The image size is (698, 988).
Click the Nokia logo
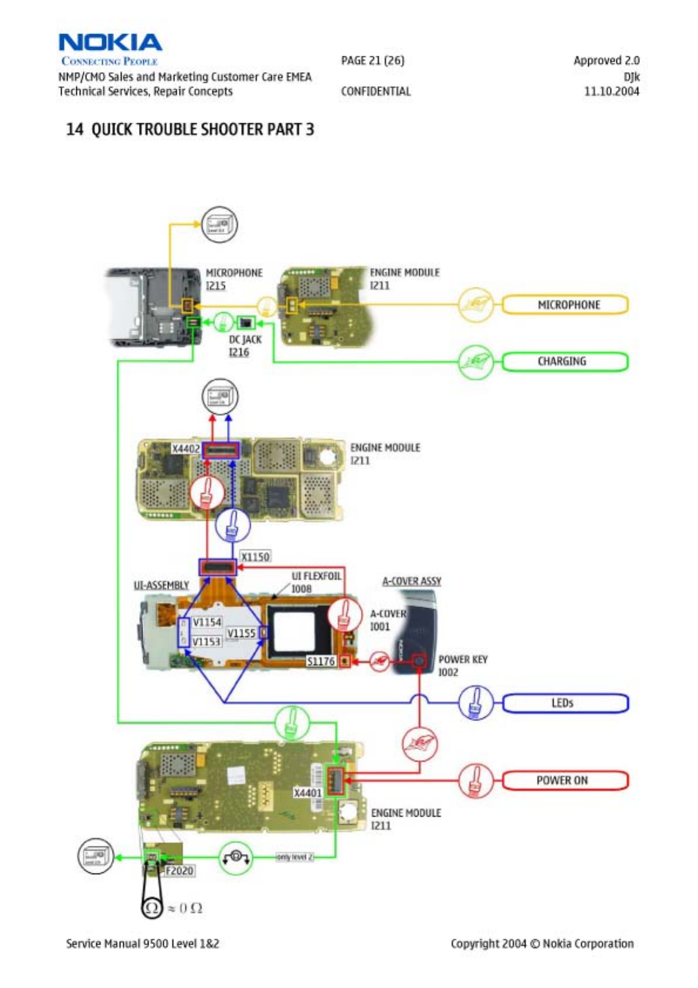(110, 43)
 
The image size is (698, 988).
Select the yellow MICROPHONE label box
(565, 305)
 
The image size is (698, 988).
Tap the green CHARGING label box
(565, 361)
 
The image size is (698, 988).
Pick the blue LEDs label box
(565, 703)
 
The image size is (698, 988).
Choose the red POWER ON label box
(565, 780)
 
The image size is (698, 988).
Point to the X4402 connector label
(186, 449)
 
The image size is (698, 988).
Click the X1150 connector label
(256, 556)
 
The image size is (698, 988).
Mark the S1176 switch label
(321, 662)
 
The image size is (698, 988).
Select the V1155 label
(241, 633)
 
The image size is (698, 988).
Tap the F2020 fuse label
(179, 870)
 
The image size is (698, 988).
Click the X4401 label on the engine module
(308, 793)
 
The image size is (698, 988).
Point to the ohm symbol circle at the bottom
(152, 908)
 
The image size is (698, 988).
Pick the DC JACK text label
(245, 340)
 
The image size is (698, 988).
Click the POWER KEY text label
(463, 659)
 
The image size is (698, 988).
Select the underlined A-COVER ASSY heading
(412, 581)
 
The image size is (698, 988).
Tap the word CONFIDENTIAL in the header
(375, 92)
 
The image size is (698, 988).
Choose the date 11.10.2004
(611, 92)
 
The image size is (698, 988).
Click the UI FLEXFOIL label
(316, 576)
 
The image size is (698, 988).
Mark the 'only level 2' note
(294, 857)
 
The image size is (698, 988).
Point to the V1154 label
(207, 622)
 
